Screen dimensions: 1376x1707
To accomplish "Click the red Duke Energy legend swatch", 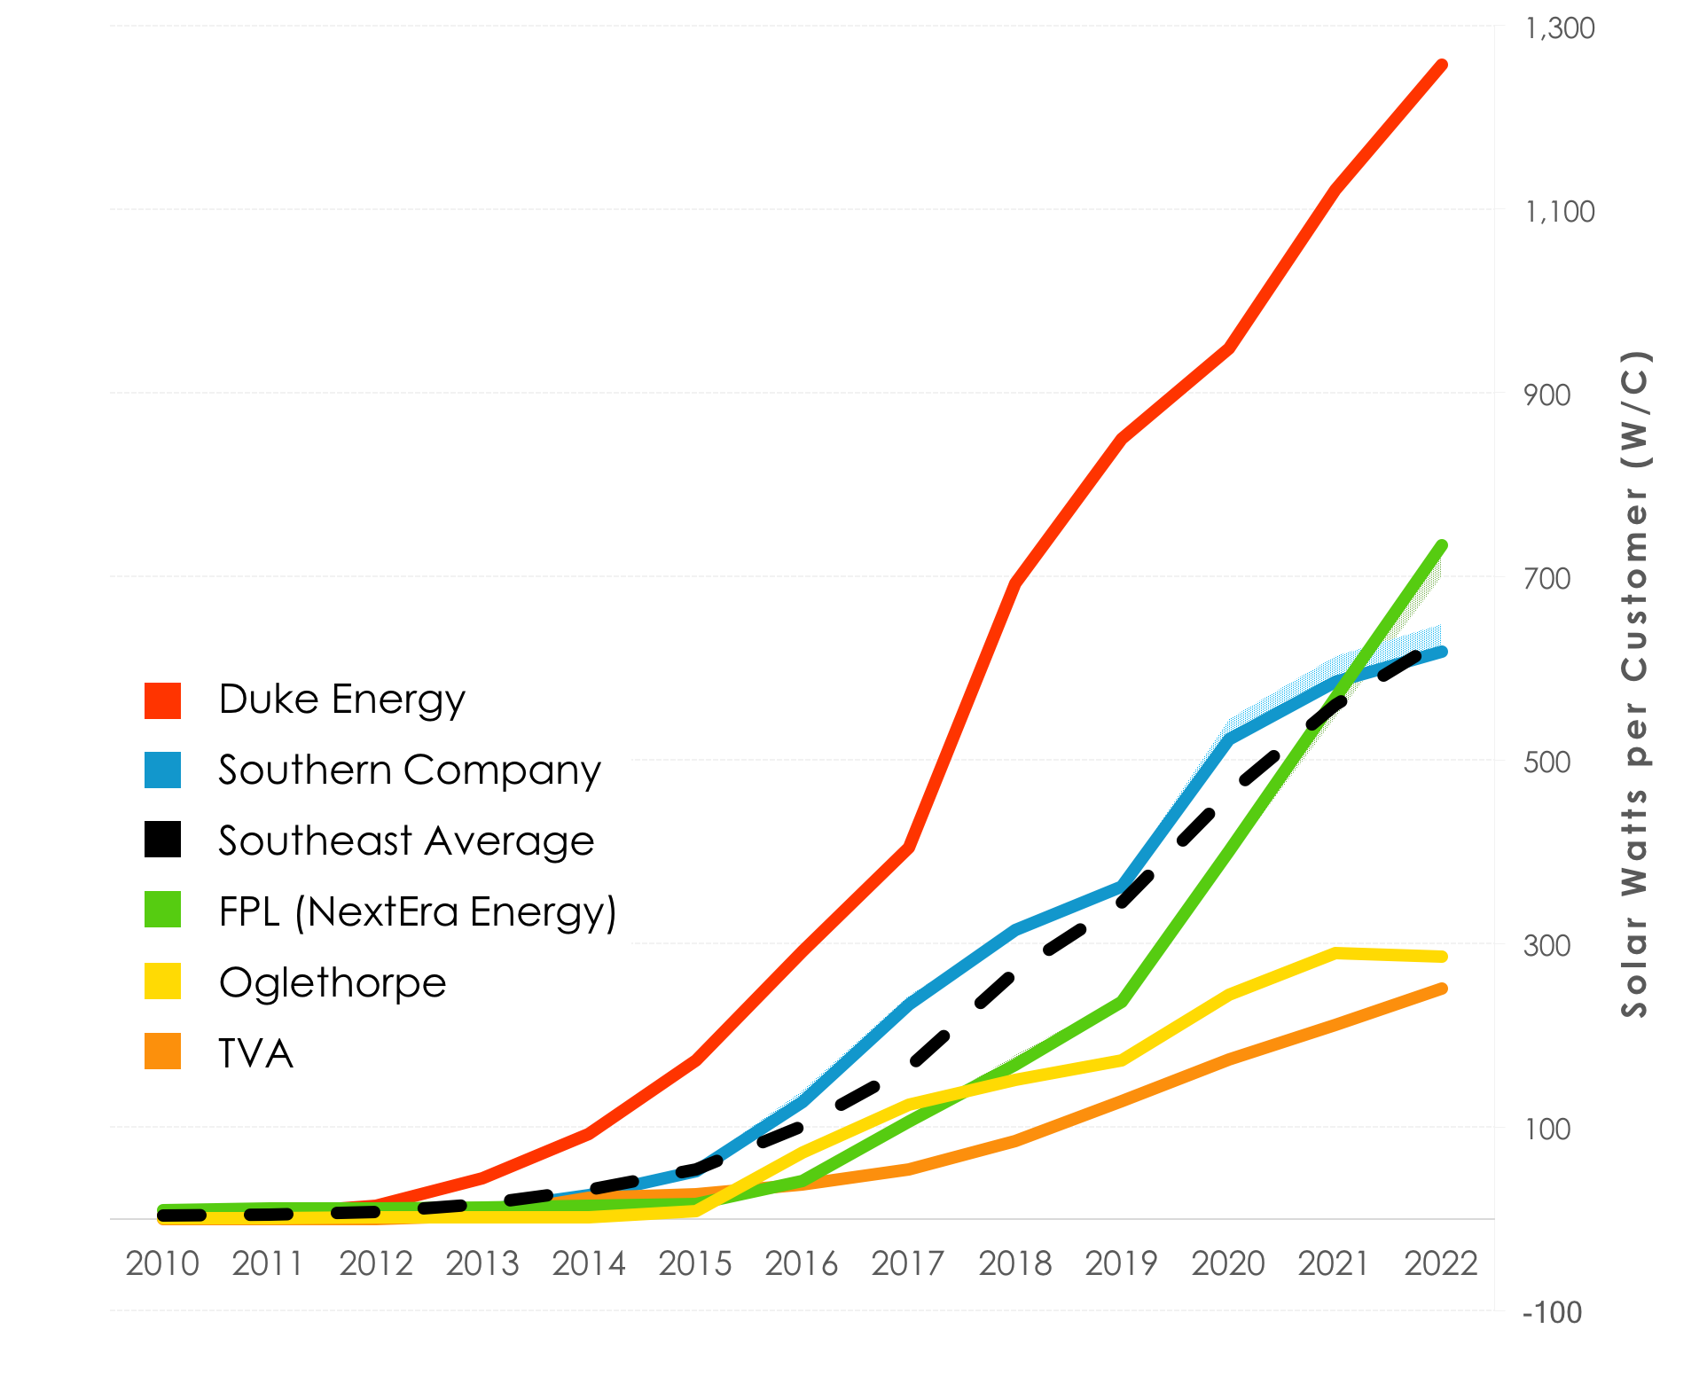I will [x=162, y=700].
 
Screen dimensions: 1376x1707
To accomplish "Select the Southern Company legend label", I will [x=409, y=770].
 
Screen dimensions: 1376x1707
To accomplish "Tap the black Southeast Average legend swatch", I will [x=162, y=840].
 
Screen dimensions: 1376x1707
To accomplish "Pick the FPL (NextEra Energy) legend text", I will [x=417, y=911].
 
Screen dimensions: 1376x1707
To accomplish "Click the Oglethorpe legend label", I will [x=333, y=982].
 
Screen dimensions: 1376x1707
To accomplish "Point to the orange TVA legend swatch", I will [x=162, y=1052].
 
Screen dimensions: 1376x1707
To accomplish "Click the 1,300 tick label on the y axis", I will [x=1558, y=28].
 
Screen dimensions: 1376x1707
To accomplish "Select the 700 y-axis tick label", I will [x=1546, y=579].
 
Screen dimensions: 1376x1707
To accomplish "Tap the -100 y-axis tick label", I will [x=1551, y=1312].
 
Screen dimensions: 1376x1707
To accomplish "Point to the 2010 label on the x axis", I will [x=162, y=1263].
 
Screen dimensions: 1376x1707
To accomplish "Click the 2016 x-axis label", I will [x=802, y=1263].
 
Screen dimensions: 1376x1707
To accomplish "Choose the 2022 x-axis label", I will [x=1441, y=1263].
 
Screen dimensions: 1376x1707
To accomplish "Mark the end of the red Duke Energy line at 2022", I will [x=1442, y=66].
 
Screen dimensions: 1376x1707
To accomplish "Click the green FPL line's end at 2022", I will [x=1442, y=546].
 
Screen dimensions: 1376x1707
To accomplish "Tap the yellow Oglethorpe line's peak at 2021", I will [x=1335, y=953].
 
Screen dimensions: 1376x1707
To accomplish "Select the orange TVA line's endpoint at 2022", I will [x=1442, y=989].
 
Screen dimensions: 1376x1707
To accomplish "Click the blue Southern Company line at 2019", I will [x=1122, y=887].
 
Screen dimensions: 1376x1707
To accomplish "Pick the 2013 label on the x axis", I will [x=482, y=1263].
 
